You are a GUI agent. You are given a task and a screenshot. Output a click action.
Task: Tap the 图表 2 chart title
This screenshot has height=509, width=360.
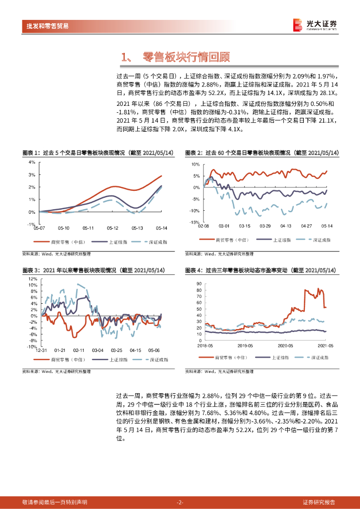point(262,153)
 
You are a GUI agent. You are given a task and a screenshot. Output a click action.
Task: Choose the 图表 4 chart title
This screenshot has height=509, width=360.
point(261,270)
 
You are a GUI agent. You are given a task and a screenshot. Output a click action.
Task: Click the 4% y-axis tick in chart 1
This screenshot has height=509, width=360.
point(31,162)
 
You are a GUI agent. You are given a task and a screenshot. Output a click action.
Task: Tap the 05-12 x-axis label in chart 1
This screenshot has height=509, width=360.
point(112,228)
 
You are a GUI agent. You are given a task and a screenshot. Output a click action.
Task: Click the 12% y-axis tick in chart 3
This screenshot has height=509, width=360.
point(33,279)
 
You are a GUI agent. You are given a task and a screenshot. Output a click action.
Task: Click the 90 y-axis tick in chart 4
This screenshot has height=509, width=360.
point(198,284)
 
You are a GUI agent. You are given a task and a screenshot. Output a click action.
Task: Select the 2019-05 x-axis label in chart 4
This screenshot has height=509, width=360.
point(246,344)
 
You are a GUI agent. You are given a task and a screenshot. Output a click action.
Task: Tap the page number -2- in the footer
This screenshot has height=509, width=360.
point(180,502)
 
